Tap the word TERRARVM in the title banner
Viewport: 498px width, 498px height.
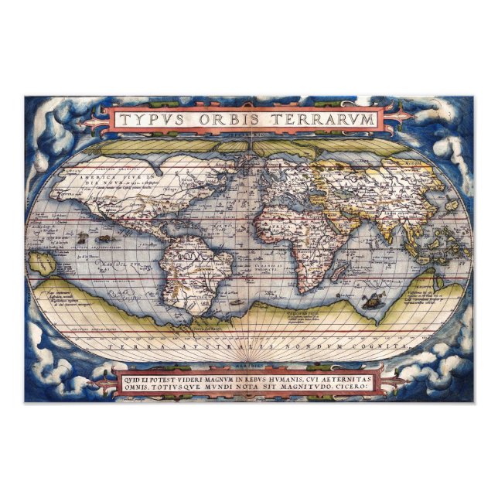(326, 120)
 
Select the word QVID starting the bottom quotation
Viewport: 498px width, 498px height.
(132, 380)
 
